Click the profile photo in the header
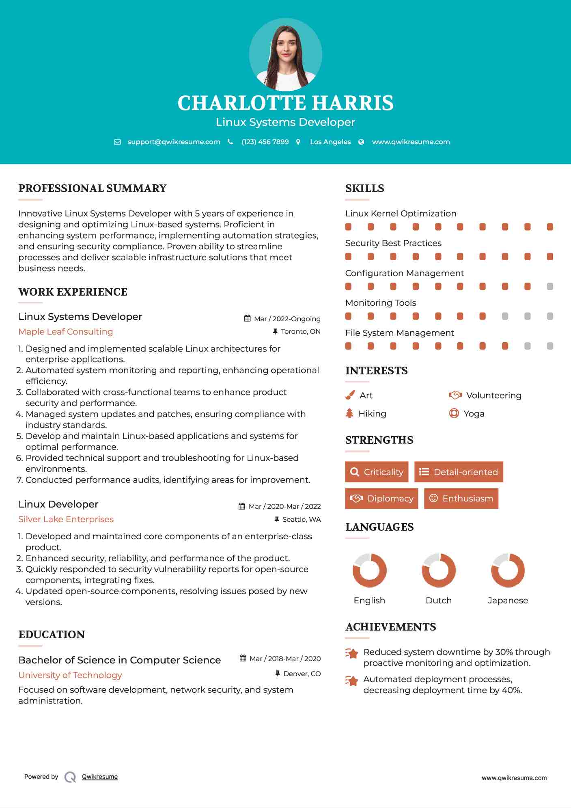click(285, 54)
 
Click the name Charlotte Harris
click(285, 103)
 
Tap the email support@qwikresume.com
click(174, 142)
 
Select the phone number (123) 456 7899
click(265, 142)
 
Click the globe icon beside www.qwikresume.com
click(361, 142)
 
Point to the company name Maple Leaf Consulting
click(66, 331)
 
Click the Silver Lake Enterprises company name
click(66, 519)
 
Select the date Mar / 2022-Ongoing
click(287, 319)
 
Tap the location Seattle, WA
click(301, 519)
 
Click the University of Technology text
click(70, 675)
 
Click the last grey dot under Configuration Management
click(550, 286)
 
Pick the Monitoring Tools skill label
click(381, 302)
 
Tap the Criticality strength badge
click(377, 472)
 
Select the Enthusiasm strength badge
click(461, 498)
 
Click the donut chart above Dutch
click(438, 570)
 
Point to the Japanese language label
click(508, 600)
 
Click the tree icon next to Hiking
click(349, 413)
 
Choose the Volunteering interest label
click(493, 395)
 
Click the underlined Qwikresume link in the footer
click(100, 776)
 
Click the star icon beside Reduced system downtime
click(351, 653)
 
